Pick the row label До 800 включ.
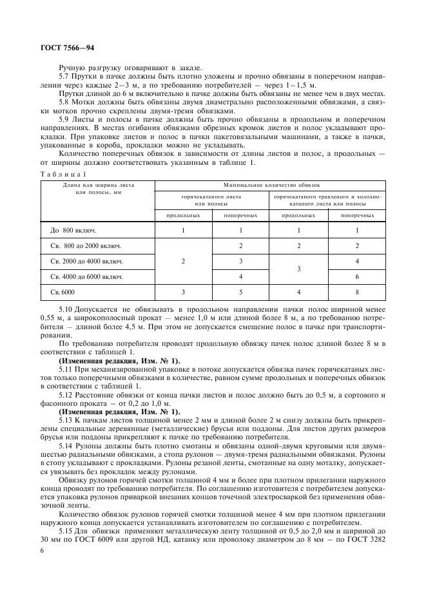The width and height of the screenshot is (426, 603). [73, 230]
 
